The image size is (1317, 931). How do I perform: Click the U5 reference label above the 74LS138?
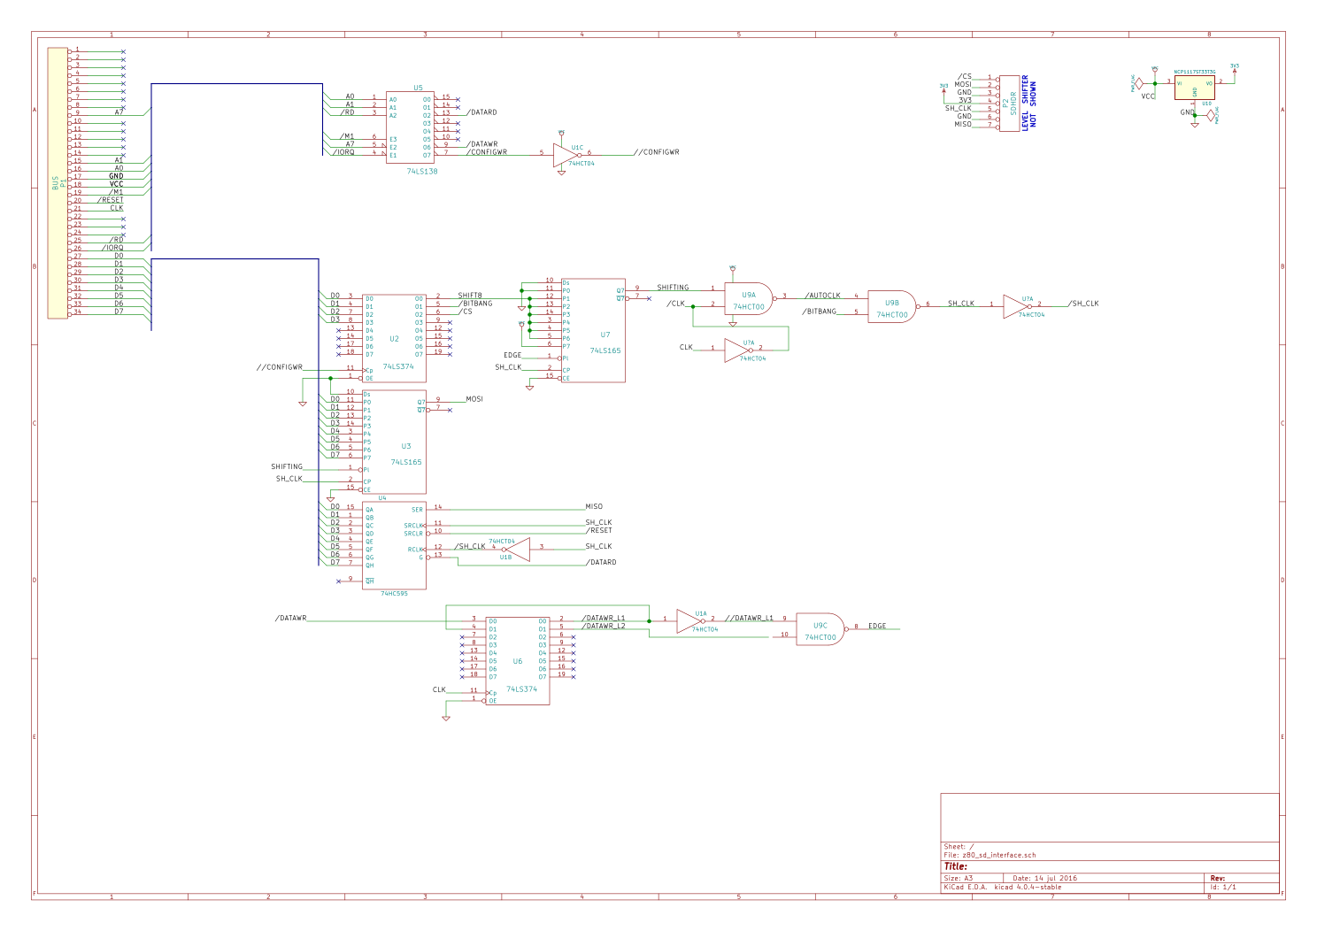point(418,88)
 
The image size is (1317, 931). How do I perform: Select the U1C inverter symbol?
point(565,156)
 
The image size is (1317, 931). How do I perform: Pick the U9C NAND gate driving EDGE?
point(820,630)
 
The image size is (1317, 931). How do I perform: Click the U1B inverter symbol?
point(517,550)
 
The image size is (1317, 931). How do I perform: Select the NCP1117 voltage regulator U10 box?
point(1194,88)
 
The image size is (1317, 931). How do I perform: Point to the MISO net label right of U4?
point(594,507)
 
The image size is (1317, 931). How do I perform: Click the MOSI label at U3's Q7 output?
point(474,399)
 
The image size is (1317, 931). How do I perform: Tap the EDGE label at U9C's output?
point(876,626)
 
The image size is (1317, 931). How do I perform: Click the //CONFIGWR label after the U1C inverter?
point(657,152)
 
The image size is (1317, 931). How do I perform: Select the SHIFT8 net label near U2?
point(470,296)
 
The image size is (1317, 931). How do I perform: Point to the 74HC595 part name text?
point(394,594)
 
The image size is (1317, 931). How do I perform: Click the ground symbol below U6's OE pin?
point(446,718)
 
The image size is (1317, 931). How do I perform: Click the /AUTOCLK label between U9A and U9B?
point(822,296)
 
